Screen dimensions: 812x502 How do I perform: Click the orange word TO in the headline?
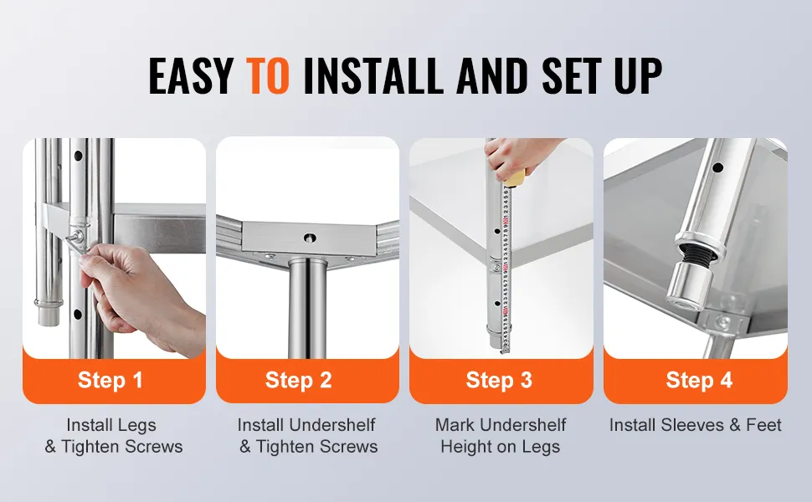coord(267,75)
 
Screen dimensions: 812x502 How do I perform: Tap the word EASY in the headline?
coord(191,75)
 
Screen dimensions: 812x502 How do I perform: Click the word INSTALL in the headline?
coord(373,75)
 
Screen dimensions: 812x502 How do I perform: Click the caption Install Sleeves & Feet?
coord(695,425)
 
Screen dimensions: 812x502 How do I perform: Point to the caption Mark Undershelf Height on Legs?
coord(501,436)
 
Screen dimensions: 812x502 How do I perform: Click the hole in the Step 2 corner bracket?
coord(310,238)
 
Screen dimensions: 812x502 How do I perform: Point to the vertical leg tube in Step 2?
coord(307,308)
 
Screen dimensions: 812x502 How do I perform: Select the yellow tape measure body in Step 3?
coord(516,178)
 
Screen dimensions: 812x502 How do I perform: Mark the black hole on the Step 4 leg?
coord(717,167)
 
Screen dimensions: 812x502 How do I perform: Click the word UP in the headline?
coord(639,75)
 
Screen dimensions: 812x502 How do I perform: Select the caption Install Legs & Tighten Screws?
coord(113,436)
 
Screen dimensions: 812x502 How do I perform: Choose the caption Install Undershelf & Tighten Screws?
coord(307,436)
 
